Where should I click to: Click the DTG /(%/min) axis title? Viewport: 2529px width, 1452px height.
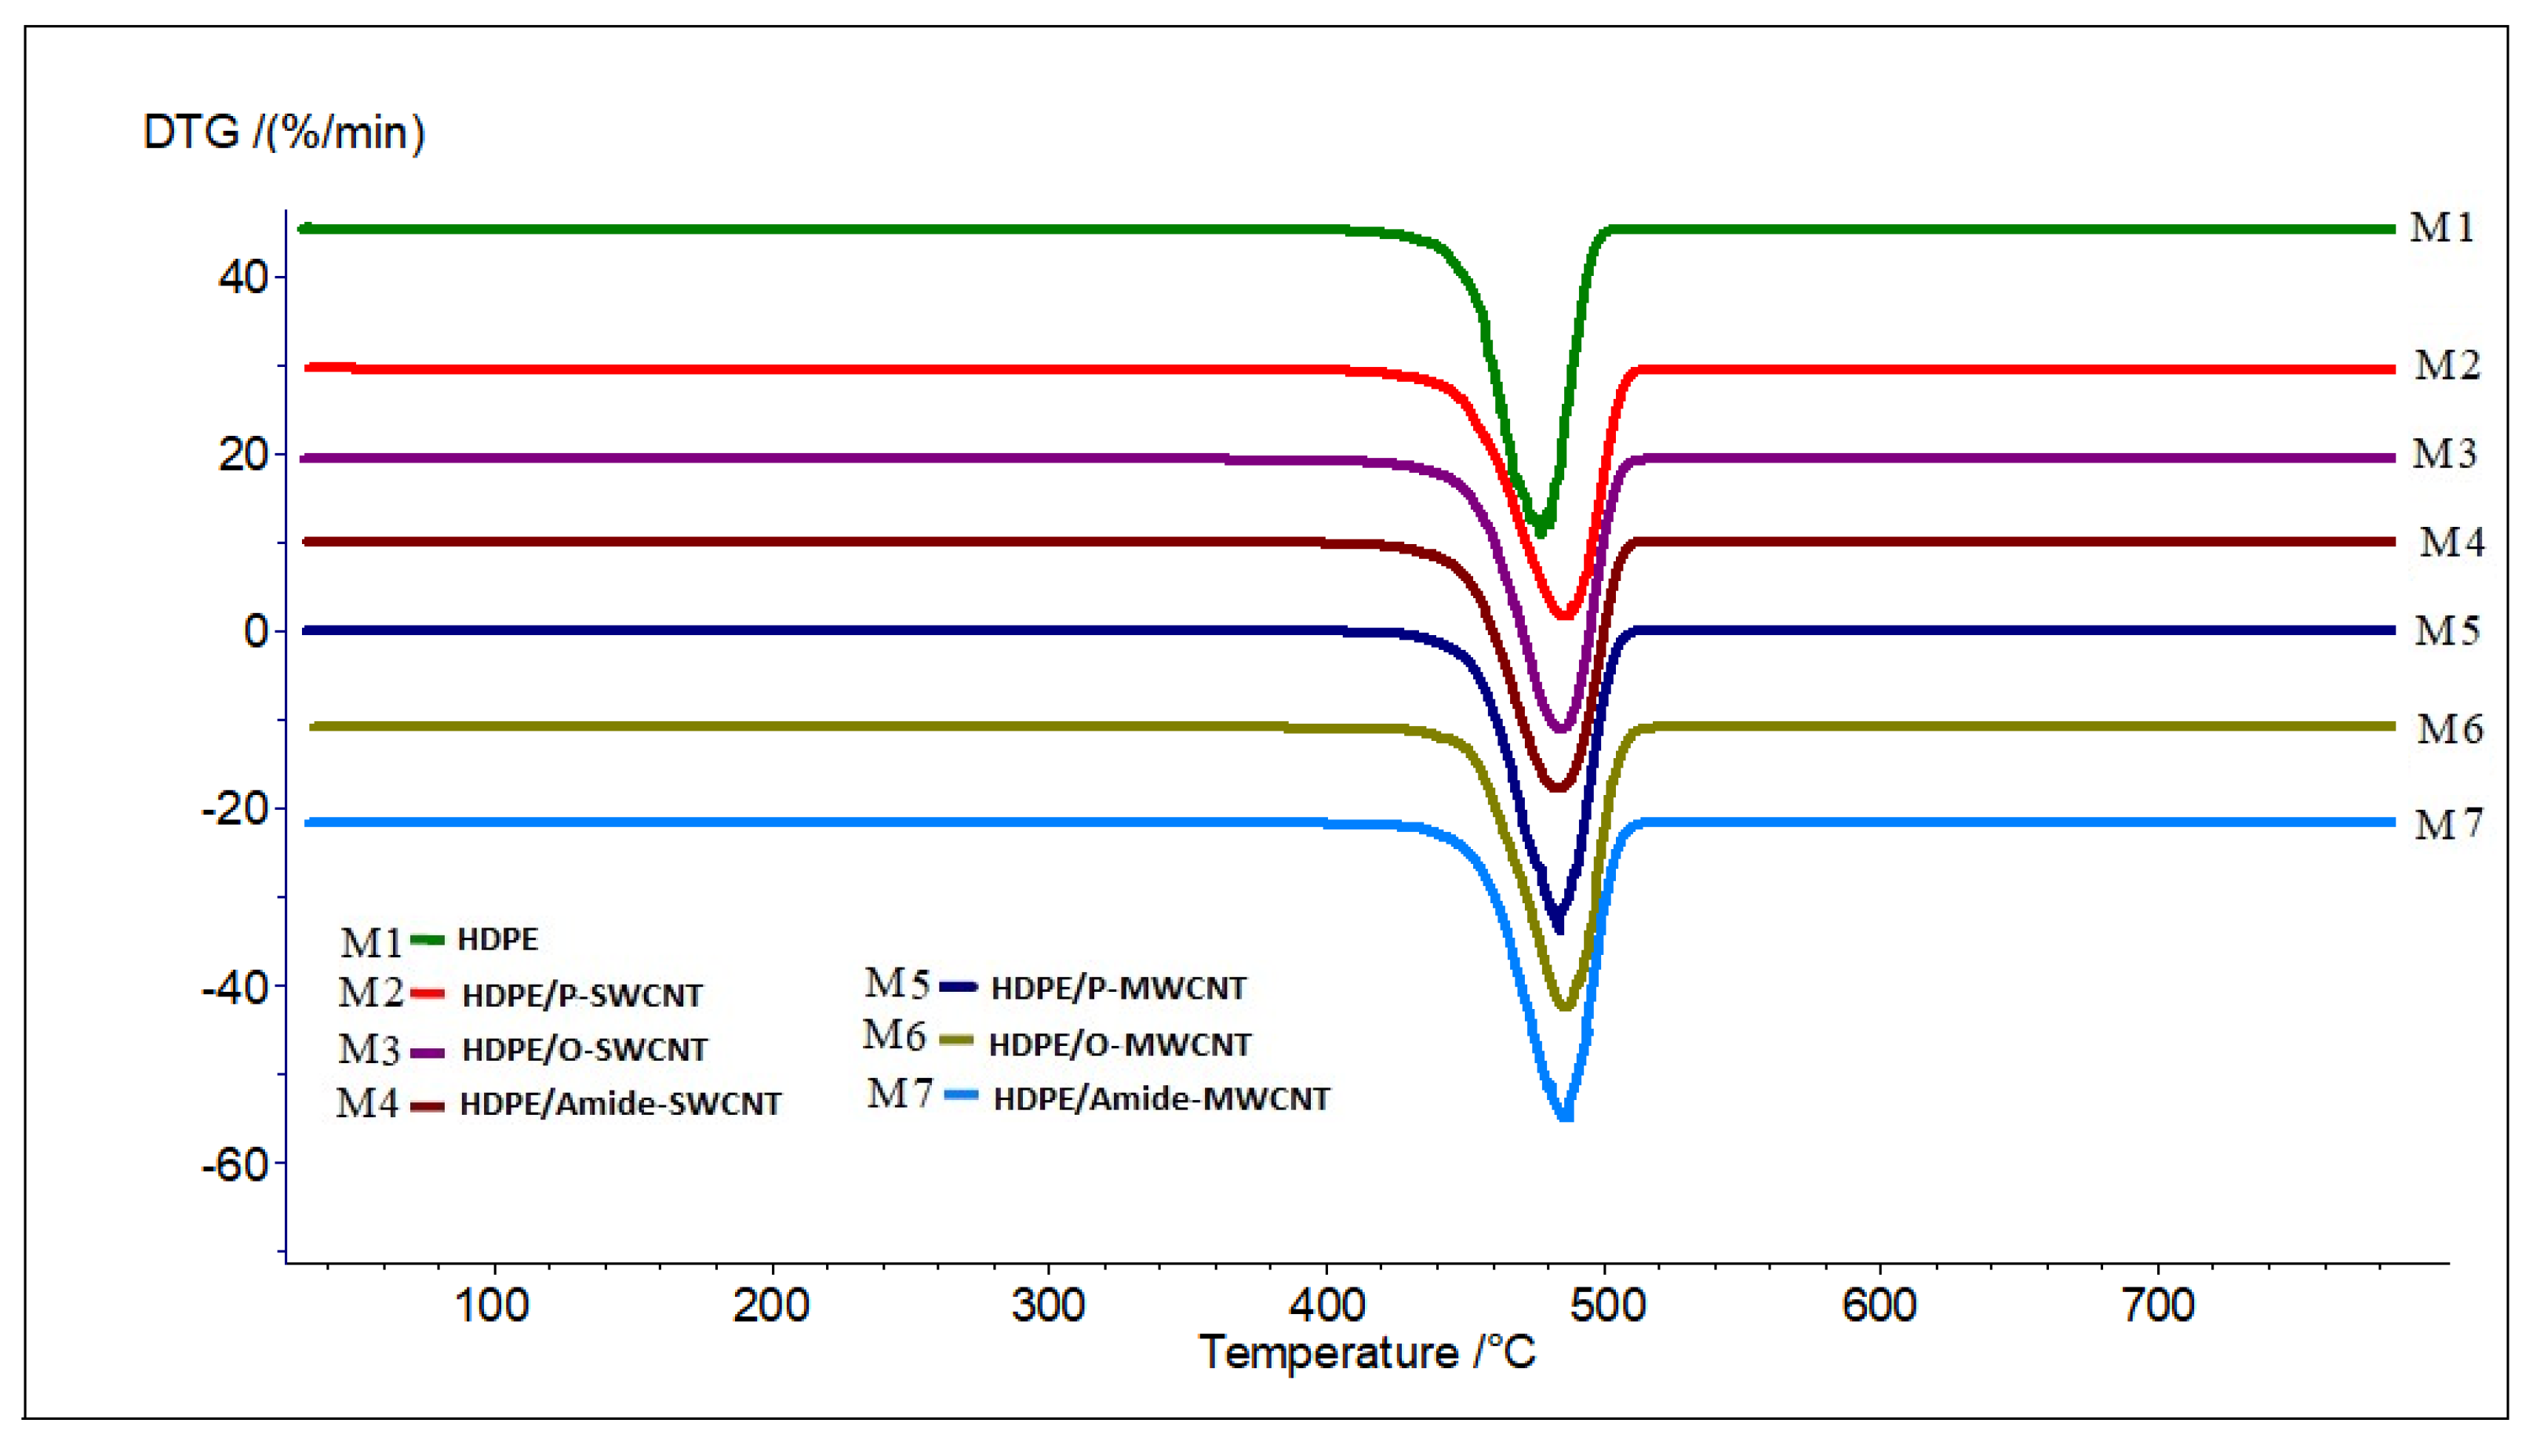(x=284, y=132)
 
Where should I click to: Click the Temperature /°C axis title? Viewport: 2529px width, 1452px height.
(x=1366, y=1352)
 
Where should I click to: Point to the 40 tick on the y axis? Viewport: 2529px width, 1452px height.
(x=243, y=278)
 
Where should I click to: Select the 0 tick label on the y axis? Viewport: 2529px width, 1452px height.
(x=257, y=631)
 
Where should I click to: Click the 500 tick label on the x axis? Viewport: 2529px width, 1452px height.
(x=1607, y=1305)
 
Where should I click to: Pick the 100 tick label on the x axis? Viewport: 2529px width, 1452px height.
(x=493, y=1305)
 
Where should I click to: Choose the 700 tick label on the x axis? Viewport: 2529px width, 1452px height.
(x=2158, y=1305)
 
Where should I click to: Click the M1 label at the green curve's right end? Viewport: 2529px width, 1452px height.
(x=2441, y=228)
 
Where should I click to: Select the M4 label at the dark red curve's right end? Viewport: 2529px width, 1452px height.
(x=2451, y=543)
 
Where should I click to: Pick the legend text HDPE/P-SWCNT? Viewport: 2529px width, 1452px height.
(x=583, y=995)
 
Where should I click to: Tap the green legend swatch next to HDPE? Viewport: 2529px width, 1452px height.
(x=428, y=939)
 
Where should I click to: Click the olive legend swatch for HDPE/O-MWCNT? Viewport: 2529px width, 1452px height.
(x=957, y=1040)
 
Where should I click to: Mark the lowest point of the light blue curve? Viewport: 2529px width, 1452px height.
(x=1565, y=1115)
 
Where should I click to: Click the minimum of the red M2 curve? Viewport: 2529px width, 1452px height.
(x=1564, y=613)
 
